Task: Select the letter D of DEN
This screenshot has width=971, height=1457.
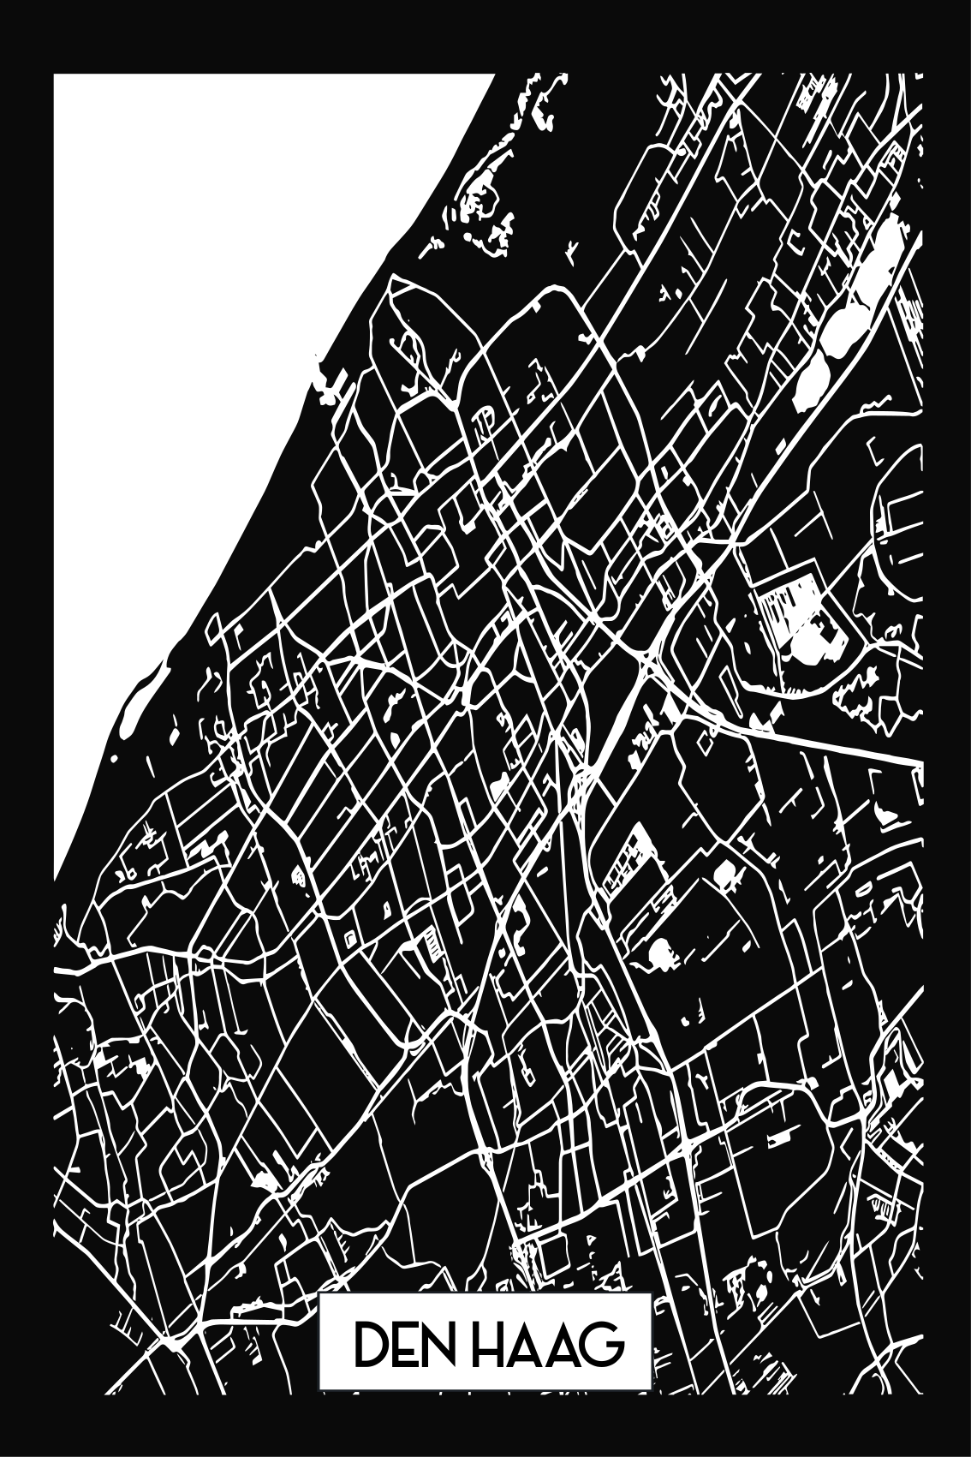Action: click(x=371, y=1369)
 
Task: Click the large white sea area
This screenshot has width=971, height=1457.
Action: click(x=214, y=343)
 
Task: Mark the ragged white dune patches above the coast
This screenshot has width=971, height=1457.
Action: click(x=480, y=206)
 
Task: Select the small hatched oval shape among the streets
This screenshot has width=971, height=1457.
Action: click(x=298, y=875)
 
